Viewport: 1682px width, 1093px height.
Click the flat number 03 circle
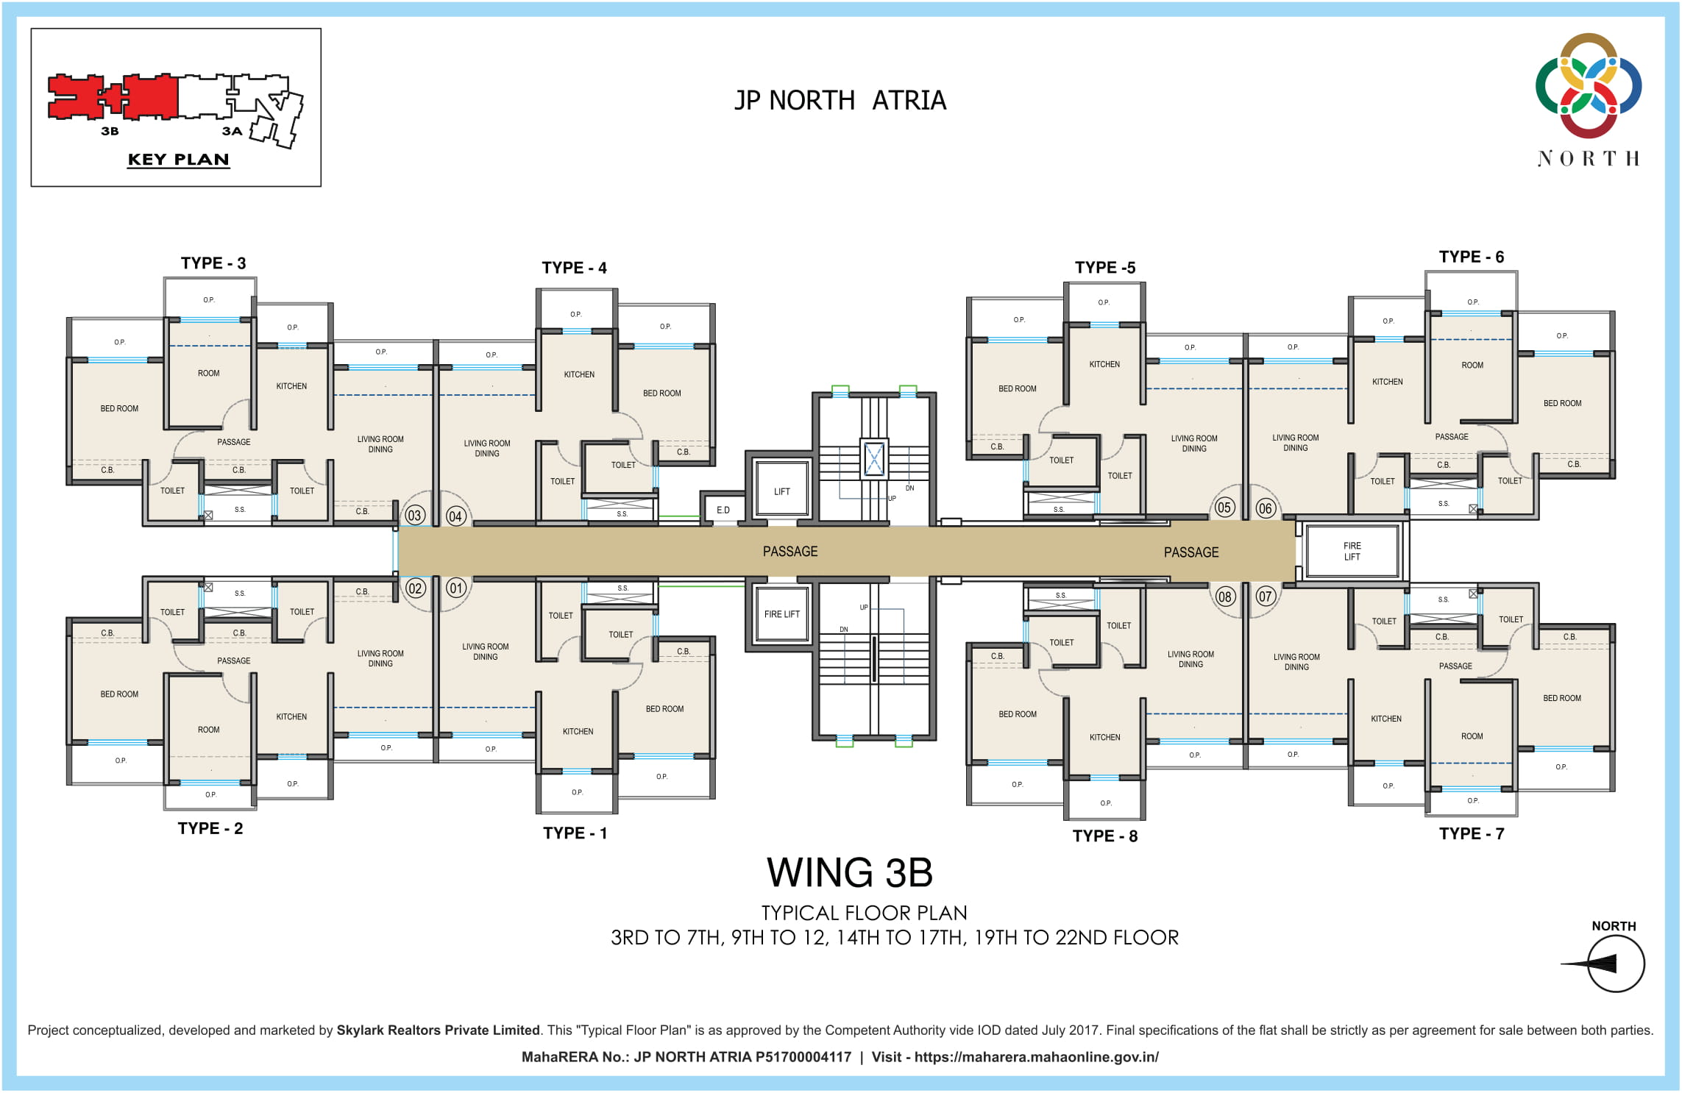click(x=415, y=516)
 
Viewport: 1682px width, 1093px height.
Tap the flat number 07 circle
click(x=1265, y=597)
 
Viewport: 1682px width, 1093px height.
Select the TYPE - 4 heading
click(x=574, y=268)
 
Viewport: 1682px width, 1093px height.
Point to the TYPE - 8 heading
click(x=1104, y=836)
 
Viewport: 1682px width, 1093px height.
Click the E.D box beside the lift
click(x=723, y=510)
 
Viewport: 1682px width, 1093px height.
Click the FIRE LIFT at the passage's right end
click(x=1352, y=551)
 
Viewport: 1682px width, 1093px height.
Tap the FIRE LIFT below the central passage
click(x=781, y=614)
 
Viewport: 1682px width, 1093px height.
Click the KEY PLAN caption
click(x=178, y=160)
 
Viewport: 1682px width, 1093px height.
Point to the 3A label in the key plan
click(x=232, y=131)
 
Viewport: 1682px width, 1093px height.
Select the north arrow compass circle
click(x=1616, y=964)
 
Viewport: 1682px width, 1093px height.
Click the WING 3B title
click(x=850, y=873)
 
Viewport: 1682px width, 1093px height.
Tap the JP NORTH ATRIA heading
click(x=840, y=100)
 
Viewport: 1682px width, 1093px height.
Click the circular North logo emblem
click(x=1588, y=85)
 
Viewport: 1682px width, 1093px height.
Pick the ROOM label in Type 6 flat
click(x=1472, y=365)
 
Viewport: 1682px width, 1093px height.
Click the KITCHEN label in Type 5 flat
click(x=1104, y=364)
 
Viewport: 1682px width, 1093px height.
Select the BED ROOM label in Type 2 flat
click(x=119, y=694)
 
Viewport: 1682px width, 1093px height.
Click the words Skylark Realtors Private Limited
click(x=438, y=1030)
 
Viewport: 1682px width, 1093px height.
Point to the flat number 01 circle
click(x=456, y=588)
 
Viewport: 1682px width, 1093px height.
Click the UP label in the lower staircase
click(x=863, y=608)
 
